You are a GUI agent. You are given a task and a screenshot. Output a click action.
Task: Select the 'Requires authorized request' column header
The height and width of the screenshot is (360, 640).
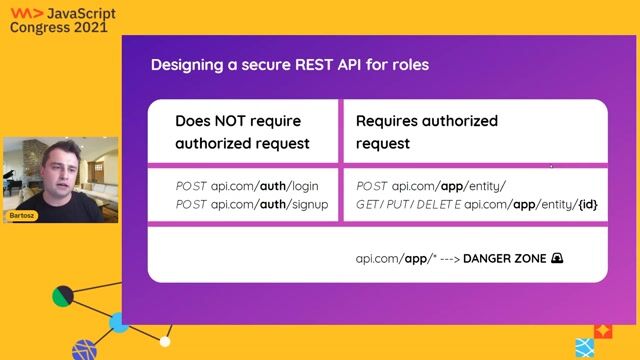[427, 132]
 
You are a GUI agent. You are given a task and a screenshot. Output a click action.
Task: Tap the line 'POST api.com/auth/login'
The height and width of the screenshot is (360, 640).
[246, 186]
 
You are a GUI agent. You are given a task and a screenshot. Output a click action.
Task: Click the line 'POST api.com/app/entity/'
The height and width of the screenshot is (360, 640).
[431, 186]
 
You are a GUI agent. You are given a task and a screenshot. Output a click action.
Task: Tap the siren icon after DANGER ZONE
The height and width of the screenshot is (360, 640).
[558, 258]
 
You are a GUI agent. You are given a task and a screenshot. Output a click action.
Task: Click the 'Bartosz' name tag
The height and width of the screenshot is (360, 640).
[22, 215]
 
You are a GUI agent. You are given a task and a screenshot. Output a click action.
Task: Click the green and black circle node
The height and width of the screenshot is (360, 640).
[63, 296]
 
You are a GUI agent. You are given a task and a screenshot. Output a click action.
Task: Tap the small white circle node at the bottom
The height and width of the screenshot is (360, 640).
[166, 342]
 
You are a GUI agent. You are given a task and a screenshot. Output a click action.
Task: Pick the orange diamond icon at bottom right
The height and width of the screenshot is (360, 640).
[603, 330]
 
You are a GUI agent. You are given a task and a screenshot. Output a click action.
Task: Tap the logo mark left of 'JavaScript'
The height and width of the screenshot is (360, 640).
[20, 13]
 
